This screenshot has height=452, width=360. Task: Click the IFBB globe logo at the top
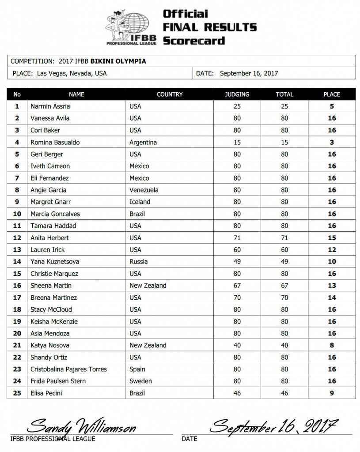point(131,27)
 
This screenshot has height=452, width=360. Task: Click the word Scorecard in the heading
point(194,41)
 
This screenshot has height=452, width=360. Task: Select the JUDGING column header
point(237,94)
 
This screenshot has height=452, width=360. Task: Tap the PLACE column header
point(332,94)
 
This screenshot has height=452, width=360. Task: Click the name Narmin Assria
point(50,106)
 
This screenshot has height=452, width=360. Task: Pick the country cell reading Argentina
point(143,142)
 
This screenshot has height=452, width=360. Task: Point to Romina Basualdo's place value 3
point(332,142)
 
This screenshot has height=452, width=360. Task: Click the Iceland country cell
point(140,202)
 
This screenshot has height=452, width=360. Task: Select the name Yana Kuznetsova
point(55,261)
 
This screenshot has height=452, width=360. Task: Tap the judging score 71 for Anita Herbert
point(237,237)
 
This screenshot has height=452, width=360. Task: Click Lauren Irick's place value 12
point(332,249)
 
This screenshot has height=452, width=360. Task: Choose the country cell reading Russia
point(139,261)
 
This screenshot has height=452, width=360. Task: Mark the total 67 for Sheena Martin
point(284,286)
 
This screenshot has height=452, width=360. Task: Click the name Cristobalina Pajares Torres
point(69,369)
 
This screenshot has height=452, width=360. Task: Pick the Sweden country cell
point(141,381)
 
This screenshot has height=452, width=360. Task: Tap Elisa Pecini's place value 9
point(332,393)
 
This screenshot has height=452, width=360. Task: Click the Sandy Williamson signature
point(81,426)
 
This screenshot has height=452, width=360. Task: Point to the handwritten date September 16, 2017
point(274,426)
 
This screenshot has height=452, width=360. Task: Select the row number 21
point(17,345)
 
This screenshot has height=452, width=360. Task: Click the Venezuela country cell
point(144,190)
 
